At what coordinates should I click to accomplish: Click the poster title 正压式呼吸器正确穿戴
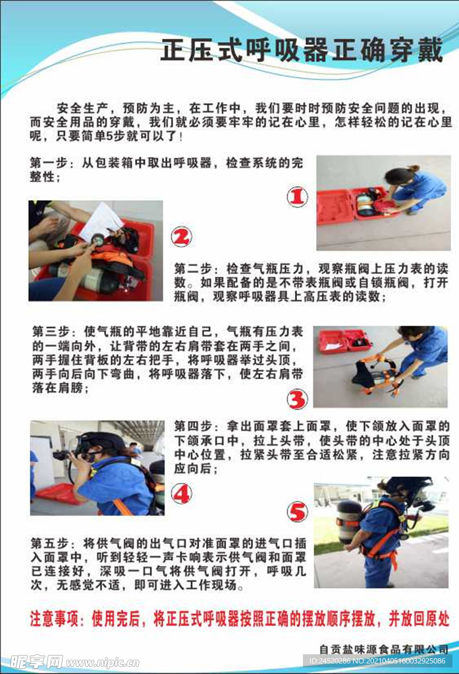[302, 51]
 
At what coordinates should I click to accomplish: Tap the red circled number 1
[297, 197]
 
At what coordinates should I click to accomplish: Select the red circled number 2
[181, 237]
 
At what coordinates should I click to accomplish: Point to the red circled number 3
[297, 399]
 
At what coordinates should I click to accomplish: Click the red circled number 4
[181, 494]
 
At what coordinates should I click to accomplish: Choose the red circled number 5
[297, 512]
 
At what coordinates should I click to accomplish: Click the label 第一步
[49, 163]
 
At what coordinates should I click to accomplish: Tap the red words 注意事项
[54, 619]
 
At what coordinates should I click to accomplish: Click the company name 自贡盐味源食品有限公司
[384, 648]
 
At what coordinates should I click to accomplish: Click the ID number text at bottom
[377, 661]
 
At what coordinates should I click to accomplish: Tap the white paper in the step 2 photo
[101, 222]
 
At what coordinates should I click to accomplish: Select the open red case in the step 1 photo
[357, 206]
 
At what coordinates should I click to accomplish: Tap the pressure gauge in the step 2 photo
[97, 238]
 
